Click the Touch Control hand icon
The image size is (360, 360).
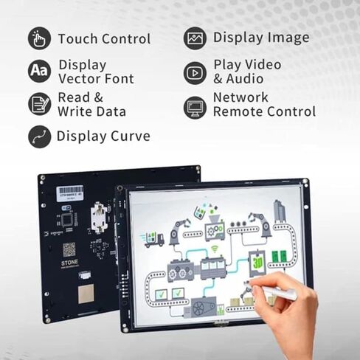pyautogui.click(x=40, y=38)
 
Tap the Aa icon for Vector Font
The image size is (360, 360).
pyautogui.click(x=40, y=71)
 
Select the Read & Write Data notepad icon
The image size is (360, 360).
pyautogui.click(x=40, y=104)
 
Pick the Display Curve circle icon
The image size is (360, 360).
pyautogui.click(x=40, y=136)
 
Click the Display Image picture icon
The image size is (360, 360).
pyautogui.click(x=195, y=38)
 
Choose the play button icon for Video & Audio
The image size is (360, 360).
pyautogui.click(x=195, y=72)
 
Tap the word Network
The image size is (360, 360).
pyautogui.click(x=241, y=97)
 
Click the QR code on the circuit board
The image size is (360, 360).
pyautogui.click(x=69, y=249)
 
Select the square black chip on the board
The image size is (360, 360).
pyautogui.click(x=67, y=220)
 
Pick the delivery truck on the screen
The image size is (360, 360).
pyautogui.click(x=153, y=238)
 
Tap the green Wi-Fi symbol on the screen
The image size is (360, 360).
pyautogui.click(x=215, y=250)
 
